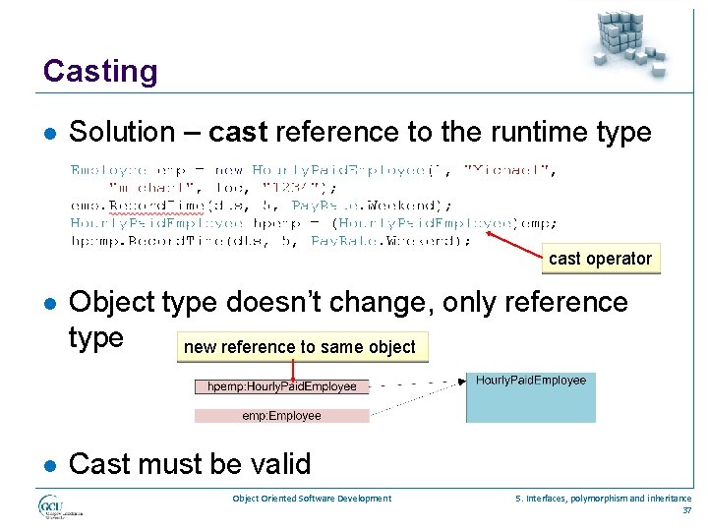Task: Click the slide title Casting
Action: (100, 71)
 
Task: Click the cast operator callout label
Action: (600, 259)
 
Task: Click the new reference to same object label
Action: (300, 347)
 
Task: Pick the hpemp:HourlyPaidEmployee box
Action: (282, 386)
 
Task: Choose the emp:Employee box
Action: (282, 416)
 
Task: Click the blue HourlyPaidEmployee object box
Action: (530, 397)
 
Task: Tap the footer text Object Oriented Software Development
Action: (312, 499)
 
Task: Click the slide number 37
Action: (685, 510)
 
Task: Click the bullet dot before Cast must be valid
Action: (50, 463)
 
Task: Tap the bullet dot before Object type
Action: (50, 303)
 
